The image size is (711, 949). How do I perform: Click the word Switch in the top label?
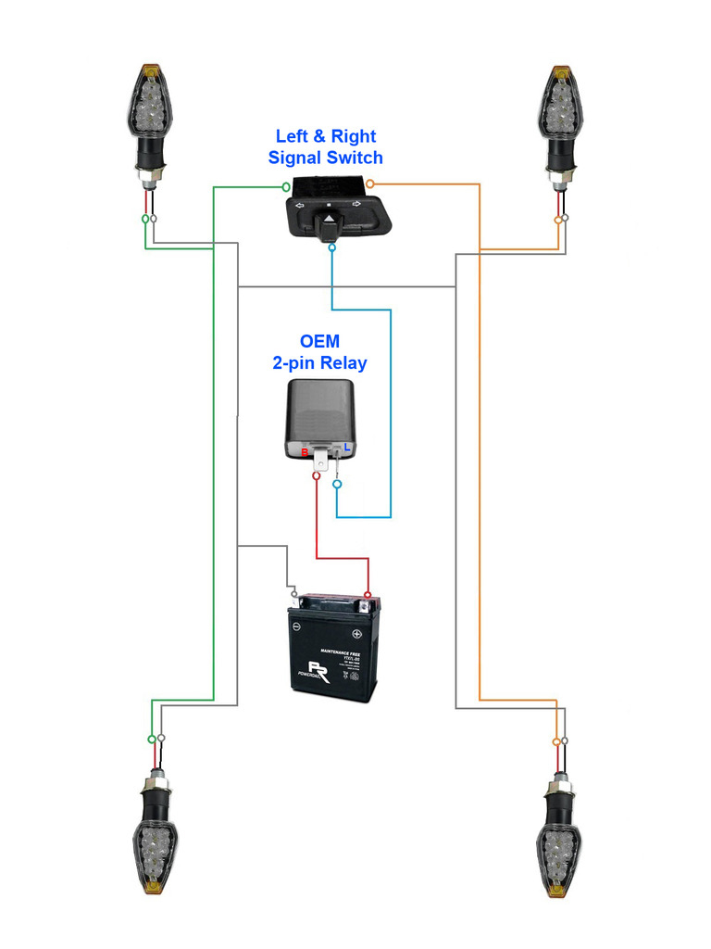point(352,158)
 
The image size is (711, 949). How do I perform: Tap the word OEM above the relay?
point(319,342)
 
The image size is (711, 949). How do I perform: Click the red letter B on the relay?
point(305,451)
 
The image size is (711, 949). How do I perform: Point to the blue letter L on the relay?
point(347,449)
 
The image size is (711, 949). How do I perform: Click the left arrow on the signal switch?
point(298,205)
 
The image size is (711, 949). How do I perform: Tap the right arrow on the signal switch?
point(355,204)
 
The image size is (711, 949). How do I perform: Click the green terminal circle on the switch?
point(286,186)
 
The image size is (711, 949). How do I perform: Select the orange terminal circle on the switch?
point(369,183)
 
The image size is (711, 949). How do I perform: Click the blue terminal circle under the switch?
point(331,247)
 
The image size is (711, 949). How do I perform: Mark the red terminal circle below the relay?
point(318,476)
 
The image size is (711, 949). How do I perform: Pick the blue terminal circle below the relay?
point(337,483)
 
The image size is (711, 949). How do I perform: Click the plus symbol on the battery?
point(357,636)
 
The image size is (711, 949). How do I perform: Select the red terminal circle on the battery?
point(368,596)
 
